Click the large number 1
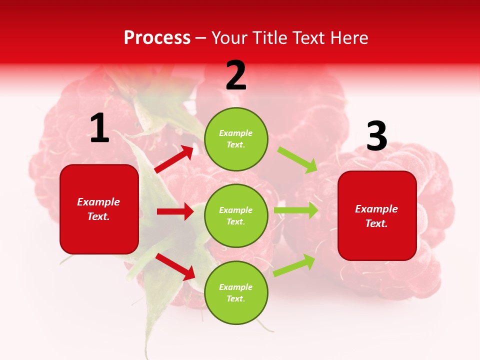(x=99, y=128)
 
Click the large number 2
(x=236, y=76)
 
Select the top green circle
(x=236, y=139)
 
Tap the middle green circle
(x=236, y=215)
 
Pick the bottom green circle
(x=236, y=292)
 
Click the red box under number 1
(x=99, y=209)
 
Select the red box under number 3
(x=377, y=215)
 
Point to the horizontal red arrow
(x=175, y=211)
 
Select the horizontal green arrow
(x=295, y=210)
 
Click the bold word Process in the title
(x=157, y=37)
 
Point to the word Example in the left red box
(x=98, y=202)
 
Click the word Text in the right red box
(x=375, y=224)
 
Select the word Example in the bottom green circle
(x=236, y=287)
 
